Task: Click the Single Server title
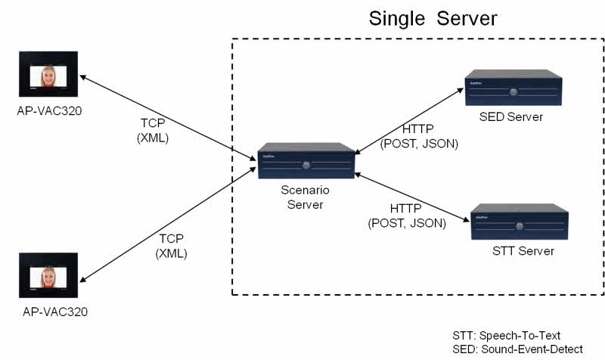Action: [433, 18]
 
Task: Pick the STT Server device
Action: [519, 224]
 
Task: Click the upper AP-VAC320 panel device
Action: [48, 77]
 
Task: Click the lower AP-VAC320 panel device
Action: [48, 278]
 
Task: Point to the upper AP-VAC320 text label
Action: [50, 111]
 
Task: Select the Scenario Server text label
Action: [305, 198]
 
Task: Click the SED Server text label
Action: [511, 117]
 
